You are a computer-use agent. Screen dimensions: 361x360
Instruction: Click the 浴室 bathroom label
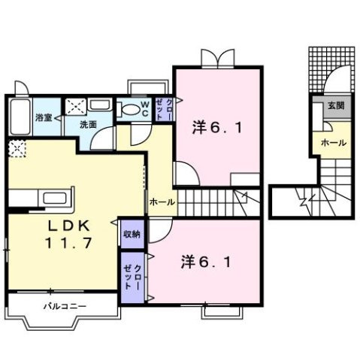[x=44, y=118]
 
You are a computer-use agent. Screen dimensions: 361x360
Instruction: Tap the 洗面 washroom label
[x=88, y=125]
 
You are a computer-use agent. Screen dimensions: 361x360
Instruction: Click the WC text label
[x=145, y=108]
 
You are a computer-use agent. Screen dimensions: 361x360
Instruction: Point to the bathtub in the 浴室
[x=20, y=117]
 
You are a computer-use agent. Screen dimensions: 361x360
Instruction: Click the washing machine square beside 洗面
[x=77, y=108]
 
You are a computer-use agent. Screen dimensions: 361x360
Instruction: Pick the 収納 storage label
[x=132, y=235]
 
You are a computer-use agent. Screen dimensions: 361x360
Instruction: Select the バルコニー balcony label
[x=65, y=307]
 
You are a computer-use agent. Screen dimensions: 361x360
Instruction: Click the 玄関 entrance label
[x=334, y=106]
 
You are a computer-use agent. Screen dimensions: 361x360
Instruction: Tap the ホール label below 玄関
[x=334, y=141]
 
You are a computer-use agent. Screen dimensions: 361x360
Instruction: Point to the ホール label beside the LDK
[x=162, y=202]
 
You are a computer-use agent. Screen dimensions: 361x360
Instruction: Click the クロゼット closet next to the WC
[x=164, y=108]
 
